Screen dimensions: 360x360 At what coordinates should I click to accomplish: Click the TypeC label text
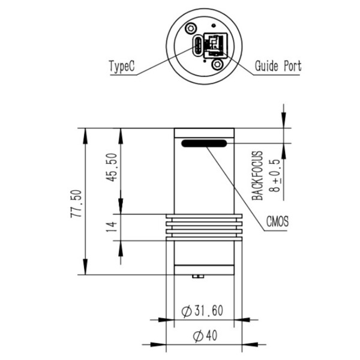[122, 66]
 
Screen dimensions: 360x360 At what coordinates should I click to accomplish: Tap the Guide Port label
[278, 66]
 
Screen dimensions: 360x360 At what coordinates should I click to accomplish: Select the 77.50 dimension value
[76, 203]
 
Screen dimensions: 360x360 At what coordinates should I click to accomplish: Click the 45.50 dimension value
[112, 167]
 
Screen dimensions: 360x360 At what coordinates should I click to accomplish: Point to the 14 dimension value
[112, 227]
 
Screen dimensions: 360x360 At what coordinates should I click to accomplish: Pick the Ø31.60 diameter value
[202, 311]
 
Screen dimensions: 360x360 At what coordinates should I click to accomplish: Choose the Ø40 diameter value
[205, 336]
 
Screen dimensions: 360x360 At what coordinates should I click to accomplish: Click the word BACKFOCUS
[257, 176]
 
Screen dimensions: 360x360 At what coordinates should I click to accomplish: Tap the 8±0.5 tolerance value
[275, 175]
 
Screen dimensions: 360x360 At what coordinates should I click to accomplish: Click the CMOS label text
[277, 221]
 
